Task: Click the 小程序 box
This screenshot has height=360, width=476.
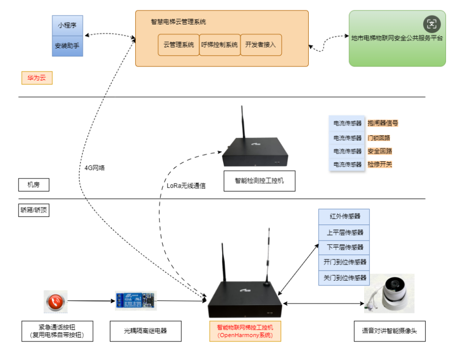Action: pos(67,25)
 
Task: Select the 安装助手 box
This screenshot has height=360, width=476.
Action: pos(67,45)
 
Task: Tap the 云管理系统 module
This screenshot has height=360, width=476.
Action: pos(178,45)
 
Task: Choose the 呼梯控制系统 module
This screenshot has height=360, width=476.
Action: pos(219,45)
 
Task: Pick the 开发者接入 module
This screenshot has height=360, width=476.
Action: pos(261,45)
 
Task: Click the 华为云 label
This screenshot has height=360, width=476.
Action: pos(36,78)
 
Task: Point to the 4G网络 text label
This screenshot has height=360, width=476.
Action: pos(95,168)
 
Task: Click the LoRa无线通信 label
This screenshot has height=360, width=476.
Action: pos(186,185)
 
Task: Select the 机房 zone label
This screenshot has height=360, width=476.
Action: pos(33,184)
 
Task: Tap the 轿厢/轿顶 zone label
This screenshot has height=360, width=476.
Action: pos(34,210)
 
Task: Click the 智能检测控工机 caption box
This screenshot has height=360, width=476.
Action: pos(259,180)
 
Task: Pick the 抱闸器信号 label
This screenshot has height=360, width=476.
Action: pos(383,123)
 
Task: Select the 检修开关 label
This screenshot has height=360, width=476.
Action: pos(380,164)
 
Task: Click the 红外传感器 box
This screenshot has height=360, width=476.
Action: pos(344,217)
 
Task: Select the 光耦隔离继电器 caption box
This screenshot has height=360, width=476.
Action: pos(145,331)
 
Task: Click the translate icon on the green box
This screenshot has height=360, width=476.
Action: pos(432,23)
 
